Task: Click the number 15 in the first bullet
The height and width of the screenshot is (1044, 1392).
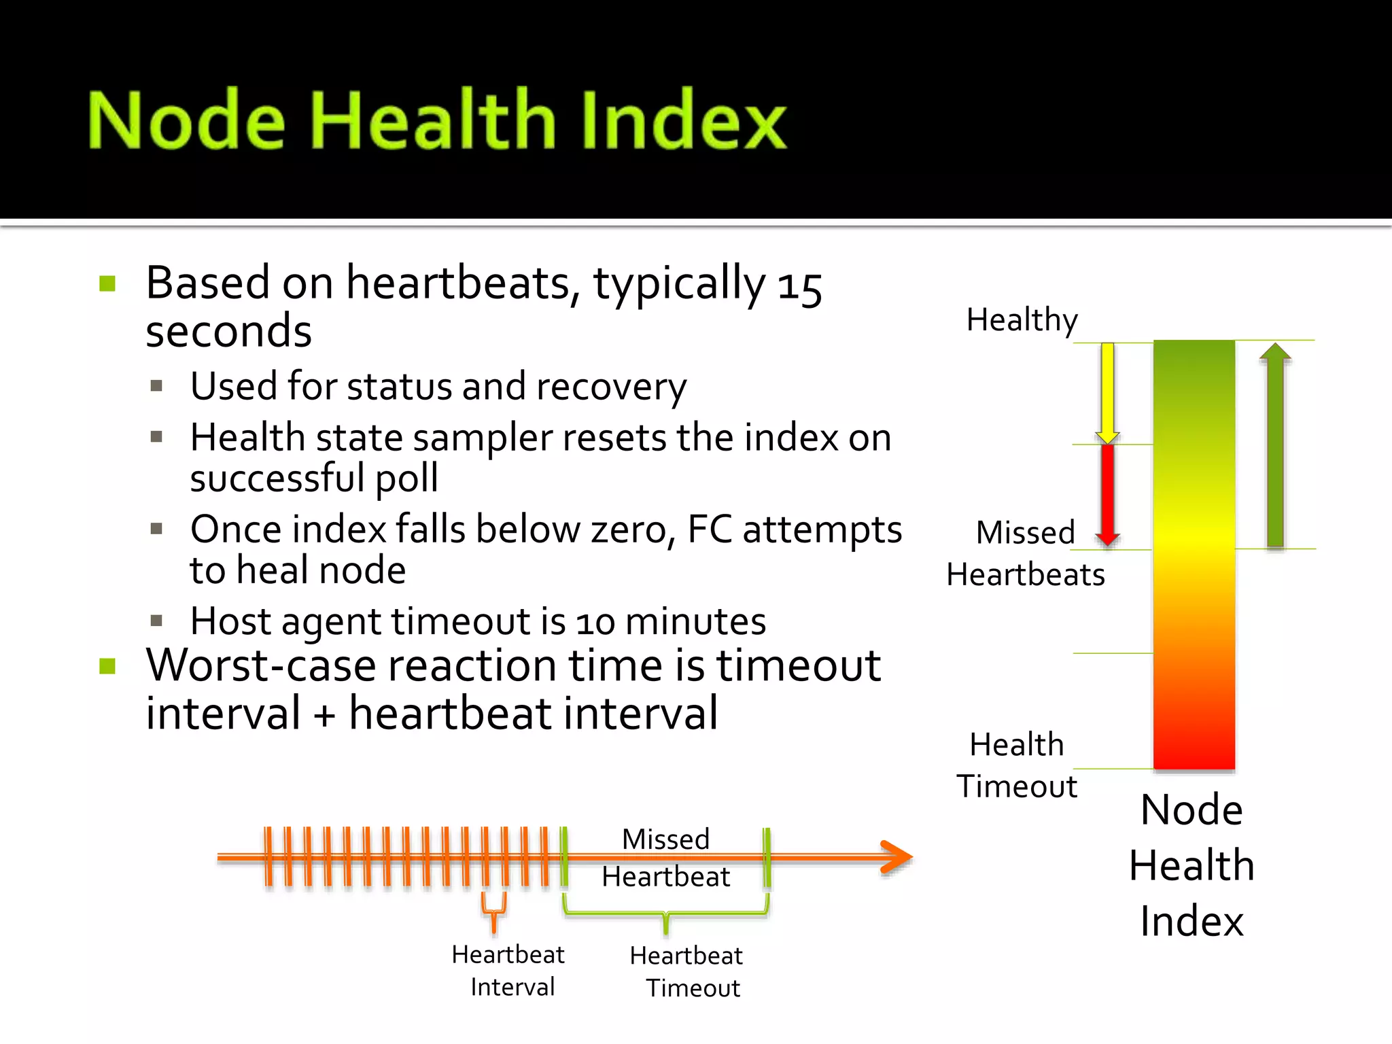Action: click(x=800, y=286)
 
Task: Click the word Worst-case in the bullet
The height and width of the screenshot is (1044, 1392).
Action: click(x=261, y=665)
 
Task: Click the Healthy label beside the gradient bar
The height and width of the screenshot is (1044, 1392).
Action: click(x=1022, y=319)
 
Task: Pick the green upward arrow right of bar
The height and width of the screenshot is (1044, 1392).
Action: click(x=1274, y=445)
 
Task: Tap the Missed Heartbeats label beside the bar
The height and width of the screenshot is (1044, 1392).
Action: click(x=1025, y=553)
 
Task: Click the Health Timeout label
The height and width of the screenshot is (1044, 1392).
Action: click(x=1017, y=765)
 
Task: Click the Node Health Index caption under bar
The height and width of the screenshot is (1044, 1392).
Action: click(x=1191, y=865)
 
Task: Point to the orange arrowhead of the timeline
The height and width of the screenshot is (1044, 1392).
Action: click(x=897, y=857)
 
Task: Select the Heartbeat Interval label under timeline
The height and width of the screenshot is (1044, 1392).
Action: click(x=509, y=971)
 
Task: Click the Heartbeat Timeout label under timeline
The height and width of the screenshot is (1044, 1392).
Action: click(x=686, y=972)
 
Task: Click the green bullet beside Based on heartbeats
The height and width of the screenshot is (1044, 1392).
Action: click(x=107, y=283)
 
